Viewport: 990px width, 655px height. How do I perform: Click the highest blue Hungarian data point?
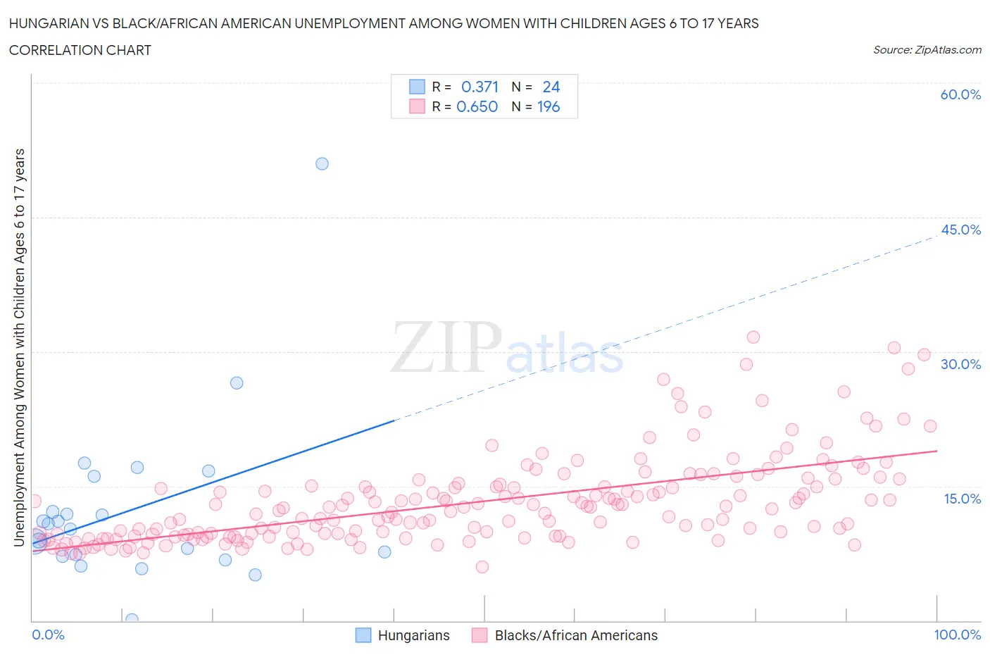322,163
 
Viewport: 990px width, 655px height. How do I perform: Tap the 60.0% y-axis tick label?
960,94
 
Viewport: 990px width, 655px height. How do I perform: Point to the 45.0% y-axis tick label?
960,230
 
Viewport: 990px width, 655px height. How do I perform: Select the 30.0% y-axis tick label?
960,364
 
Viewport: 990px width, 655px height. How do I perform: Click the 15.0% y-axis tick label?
960,499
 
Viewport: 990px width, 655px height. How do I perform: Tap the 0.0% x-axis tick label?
48,635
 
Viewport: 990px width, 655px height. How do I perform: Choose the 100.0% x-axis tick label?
957,635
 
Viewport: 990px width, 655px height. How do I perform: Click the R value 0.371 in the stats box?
480,87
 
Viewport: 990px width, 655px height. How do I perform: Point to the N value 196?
549,106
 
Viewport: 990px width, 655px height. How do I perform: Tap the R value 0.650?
477,106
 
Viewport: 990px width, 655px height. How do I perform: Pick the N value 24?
551,87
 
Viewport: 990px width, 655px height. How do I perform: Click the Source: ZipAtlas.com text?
927,50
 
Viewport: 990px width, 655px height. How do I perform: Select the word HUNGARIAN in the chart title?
54,23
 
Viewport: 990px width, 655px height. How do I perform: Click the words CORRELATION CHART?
80,50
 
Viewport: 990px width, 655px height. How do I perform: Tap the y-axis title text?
20,347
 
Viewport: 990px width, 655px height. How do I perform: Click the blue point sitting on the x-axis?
132,620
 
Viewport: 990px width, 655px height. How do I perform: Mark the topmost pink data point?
753,337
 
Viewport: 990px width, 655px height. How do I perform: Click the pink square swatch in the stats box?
417,106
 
